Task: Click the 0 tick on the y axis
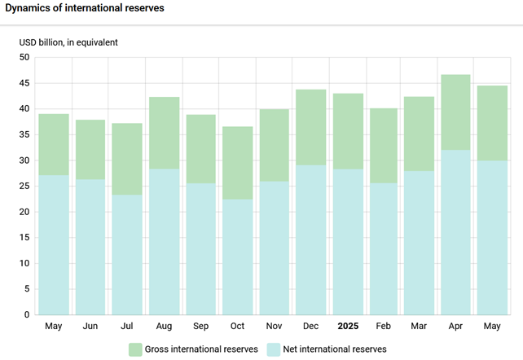coord(26,314)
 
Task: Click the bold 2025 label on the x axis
coord(348,326)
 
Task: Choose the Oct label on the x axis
coord(237,326)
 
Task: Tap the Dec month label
coord(310,326)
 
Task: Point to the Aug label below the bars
coord(164,326)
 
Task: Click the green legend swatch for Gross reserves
coord(135,349)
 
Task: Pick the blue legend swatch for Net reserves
coord(275,349)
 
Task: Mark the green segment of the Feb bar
coord(385,146)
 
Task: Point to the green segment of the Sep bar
coord(200,149)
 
